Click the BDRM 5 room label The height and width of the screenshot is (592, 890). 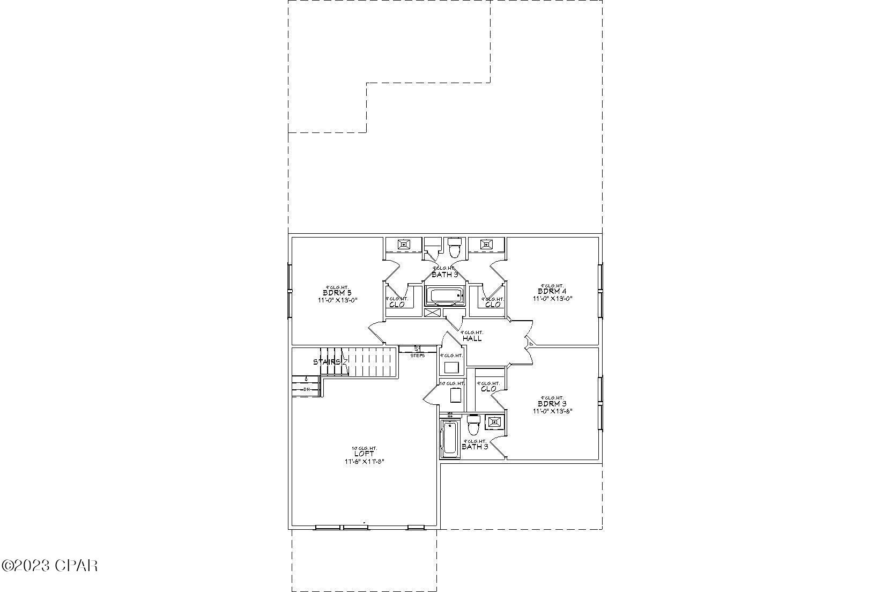(337, 293)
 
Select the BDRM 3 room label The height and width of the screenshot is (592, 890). (552, 404)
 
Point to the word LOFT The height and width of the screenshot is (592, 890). (364, 454)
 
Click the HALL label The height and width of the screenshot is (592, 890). (472, 339)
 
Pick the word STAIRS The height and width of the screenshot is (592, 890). (327, 362)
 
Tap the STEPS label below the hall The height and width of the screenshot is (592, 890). (418, 356)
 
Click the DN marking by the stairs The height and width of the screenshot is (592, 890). (307, 389)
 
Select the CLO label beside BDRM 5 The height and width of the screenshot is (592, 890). (397, 305)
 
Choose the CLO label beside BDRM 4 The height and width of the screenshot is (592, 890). (493, 305)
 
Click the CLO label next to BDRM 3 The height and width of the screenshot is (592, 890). (488, 389)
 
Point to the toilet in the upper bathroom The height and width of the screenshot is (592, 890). (455, 248)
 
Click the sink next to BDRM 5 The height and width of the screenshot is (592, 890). (403, 245)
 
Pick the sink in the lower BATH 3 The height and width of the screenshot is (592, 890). (493, 422)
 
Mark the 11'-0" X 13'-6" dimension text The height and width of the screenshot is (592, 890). (552, 411)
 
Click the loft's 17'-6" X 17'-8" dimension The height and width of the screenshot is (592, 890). (364, 461)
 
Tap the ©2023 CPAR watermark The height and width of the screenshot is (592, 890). (49, 565)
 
